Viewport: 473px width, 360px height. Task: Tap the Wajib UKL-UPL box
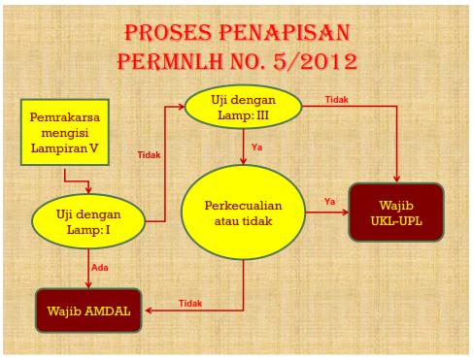(x=397, y=213)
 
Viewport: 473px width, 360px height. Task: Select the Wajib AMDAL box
(x=88, y=312)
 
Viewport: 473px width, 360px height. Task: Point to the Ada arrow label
(x=98, y=266)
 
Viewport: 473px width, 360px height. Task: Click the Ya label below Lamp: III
(x=257, y=147)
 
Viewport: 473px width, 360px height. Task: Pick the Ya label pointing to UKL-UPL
(x=329, y=202)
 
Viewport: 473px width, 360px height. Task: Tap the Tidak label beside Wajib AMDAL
(x=189, y=304)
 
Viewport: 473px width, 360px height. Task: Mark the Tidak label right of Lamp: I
(x=149, y=154)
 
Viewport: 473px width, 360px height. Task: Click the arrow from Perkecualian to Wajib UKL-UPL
(x=335, y=212)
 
